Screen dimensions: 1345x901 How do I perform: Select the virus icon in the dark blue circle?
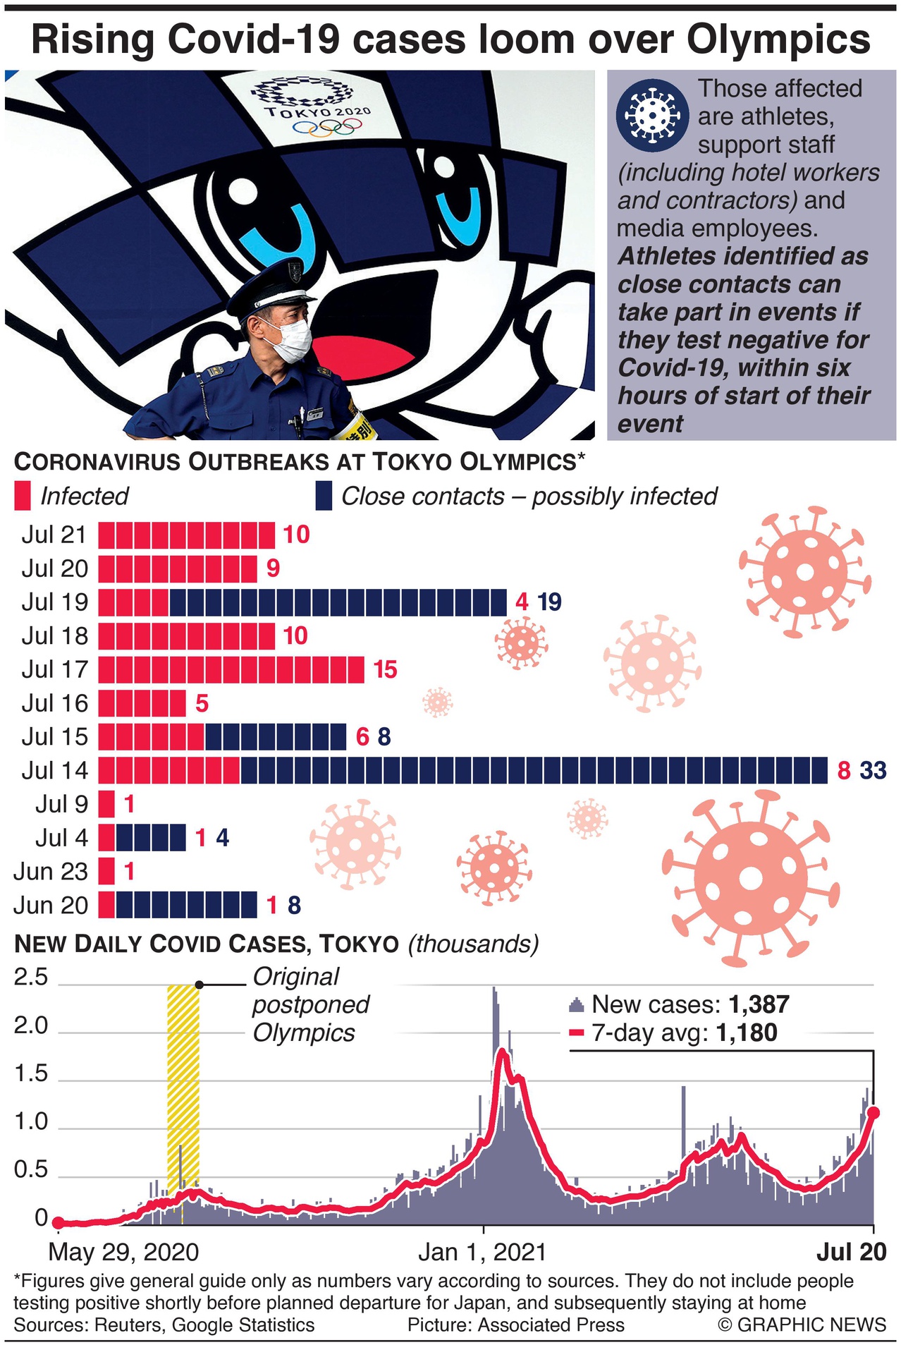coord(651,114)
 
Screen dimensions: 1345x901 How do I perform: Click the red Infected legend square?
coord(23,496)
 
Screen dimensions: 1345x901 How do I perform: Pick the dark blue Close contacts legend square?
coord(324,496)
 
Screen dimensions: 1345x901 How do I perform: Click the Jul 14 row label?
coord(54,770)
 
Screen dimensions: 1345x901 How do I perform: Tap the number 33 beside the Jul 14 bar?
coord(873,770)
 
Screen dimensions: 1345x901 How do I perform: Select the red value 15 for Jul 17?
coord(385,669)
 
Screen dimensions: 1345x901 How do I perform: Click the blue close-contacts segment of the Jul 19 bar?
coord(337,602)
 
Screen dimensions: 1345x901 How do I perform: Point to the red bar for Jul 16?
coord(142,703)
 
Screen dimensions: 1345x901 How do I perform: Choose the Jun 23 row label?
coord(51,872)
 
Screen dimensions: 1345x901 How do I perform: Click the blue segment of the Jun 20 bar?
coord(186,905)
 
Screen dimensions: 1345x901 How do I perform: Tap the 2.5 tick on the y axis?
coord(31,977)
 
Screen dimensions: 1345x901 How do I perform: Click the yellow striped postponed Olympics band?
coord(183,1086)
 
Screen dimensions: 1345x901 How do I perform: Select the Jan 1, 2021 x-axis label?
coord(482,1252)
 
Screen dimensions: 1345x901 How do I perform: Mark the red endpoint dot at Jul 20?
coord(874,1112)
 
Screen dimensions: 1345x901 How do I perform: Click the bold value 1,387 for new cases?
coord(759,1004)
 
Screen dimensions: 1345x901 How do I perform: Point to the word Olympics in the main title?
coord(778,39)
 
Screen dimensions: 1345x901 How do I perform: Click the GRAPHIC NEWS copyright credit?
coord(802,1325)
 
